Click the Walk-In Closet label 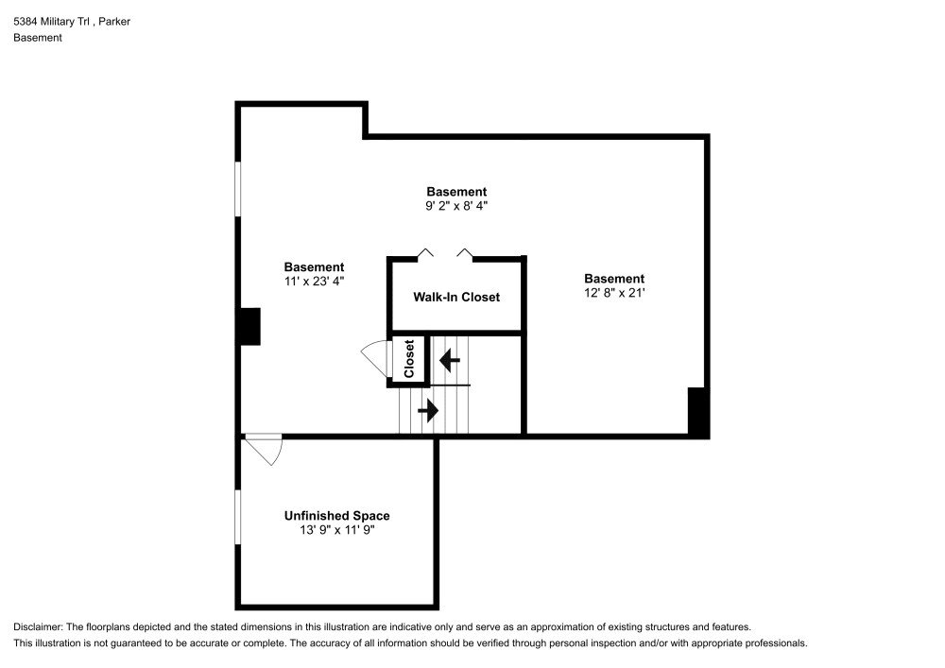(x=456, y=297)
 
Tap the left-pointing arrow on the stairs (x=450, y=360)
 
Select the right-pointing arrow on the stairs (x=429, y=410)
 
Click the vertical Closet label (x=409, y=359)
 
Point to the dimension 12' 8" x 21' (x=614, y=293)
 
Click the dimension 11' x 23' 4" (x=314, y=282)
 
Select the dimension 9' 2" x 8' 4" (x=456, y=206)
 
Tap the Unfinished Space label (x=336, y=516)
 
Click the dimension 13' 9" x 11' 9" (x=336, y=530)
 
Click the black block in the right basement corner (x=697, y=412)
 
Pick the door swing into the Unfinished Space (x=266, y=450)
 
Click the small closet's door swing (x=376, y=360)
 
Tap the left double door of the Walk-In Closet (x=426, y=252)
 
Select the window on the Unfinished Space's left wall (x=238, y=516)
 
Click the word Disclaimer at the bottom (x=38, y=627)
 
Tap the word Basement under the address (x=38, y=38)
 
